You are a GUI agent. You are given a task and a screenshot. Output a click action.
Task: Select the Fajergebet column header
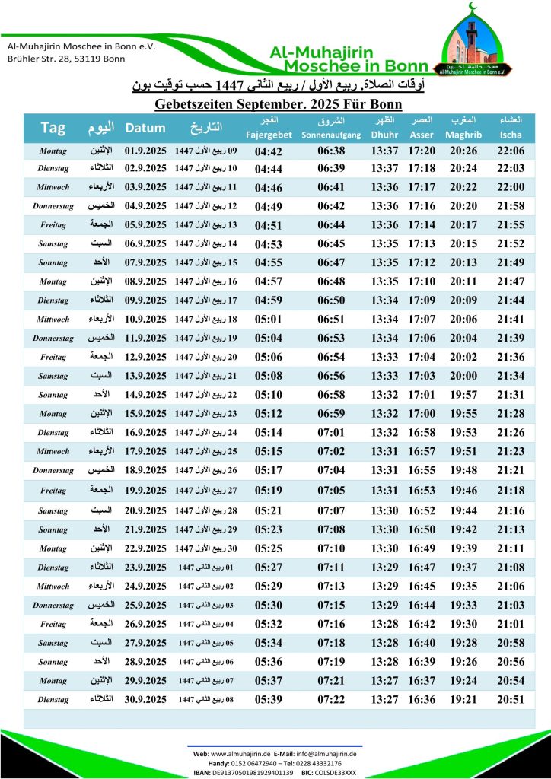click(x=269, y=135)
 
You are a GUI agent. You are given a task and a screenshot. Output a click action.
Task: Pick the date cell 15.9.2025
click(x=145, y=415)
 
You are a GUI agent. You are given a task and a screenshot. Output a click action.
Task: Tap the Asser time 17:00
click(x=422, y=415)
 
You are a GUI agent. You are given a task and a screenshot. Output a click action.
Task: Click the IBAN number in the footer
click(x=256, y=772)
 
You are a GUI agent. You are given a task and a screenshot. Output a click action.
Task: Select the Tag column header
click(x=53, y=127)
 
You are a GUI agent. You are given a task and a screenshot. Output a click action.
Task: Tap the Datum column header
click(x=145, y=127)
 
